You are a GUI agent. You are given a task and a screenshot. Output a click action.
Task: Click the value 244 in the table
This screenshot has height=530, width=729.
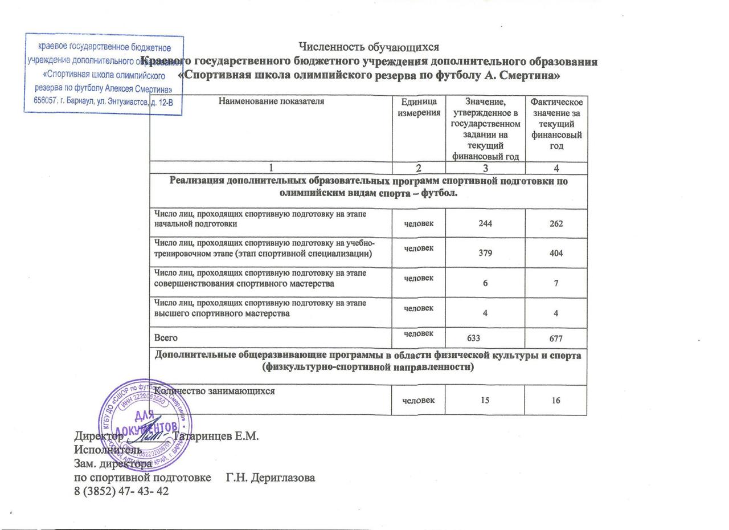click(485, 224)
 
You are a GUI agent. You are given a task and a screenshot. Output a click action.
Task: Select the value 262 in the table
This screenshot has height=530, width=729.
click(556, 224)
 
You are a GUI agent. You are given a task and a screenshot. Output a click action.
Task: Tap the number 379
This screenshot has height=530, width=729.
click(485, 253)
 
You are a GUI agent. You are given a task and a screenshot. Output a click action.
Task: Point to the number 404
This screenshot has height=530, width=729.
click(556, 253)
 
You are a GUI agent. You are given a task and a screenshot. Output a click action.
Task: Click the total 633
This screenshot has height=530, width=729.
click(474, 339)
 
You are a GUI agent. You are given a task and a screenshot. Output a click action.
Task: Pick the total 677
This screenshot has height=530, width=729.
click(556, 339)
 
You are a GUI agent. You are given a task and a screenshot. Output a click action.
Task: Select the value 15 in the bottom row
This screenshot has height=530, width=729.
click(485, 400)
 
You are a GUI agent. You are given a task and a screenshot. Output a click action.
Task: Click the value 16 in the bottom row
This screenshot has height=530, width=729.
click(556, 400)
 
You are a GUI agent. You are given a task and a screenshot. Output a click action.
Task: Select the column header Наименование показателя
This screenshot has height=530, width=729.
click(271, 101)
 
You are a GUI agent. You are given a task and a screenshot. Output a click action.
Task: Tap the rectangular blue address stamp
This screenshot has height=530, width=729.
click(103, 74)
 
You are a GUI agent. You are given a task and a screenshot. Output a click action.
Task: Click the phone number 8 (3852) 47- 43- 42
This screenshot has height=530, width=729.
click(121, 491)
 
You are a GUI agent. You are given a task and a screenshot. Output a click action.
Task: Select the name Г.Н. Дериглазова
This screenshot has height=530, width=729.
click(271, 478)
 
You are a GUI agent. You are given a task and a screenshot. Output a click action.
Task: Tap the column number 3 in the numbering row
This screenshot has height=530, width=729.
click(485, 168)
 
